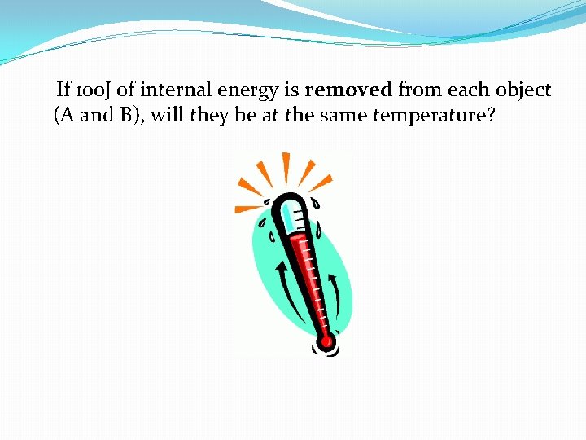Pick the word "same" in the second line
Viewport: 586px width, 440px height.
tap(343, 115)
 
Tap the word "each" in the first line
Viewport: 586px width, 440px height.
tap(462, 90)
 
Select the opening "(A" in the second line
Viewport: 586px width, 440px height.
tap(65, 115)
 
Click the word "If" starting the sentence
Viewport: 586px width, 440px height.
tap(63, 90)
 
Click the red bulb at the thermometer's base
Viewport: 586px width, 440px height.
tap(326, 342)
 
